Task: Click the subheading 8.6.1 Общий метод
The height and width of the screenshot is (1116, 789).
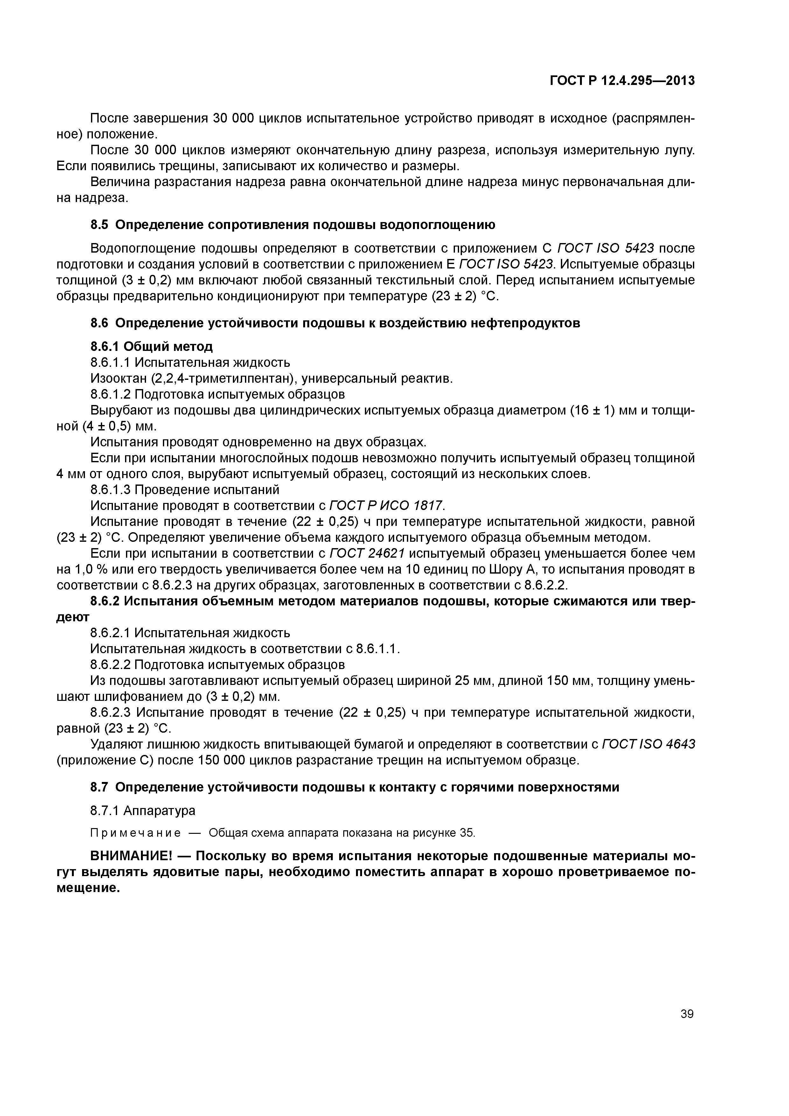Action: click(152, 346)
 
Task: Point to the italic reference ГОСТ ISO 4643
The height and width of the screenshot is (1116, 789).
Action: click(648, 744)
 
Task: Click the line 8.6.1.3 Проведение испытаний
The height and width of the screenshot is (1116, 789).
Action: click(185, 490)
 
